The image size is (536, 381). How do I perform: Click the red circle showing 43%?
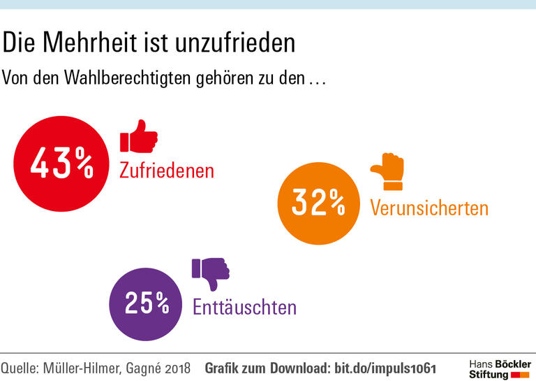61,163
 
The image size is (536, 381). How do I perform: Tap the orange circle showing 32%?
318,202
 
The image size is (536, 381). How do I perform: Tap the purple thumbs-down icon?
211,273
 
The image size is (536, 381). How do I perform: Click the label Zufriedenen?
167,170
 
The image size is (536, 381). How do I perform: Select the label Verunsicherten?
429,208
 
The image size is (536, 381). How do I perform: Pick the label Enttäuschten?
244,307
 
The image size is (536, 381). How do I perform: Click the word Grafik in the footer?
223,368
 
